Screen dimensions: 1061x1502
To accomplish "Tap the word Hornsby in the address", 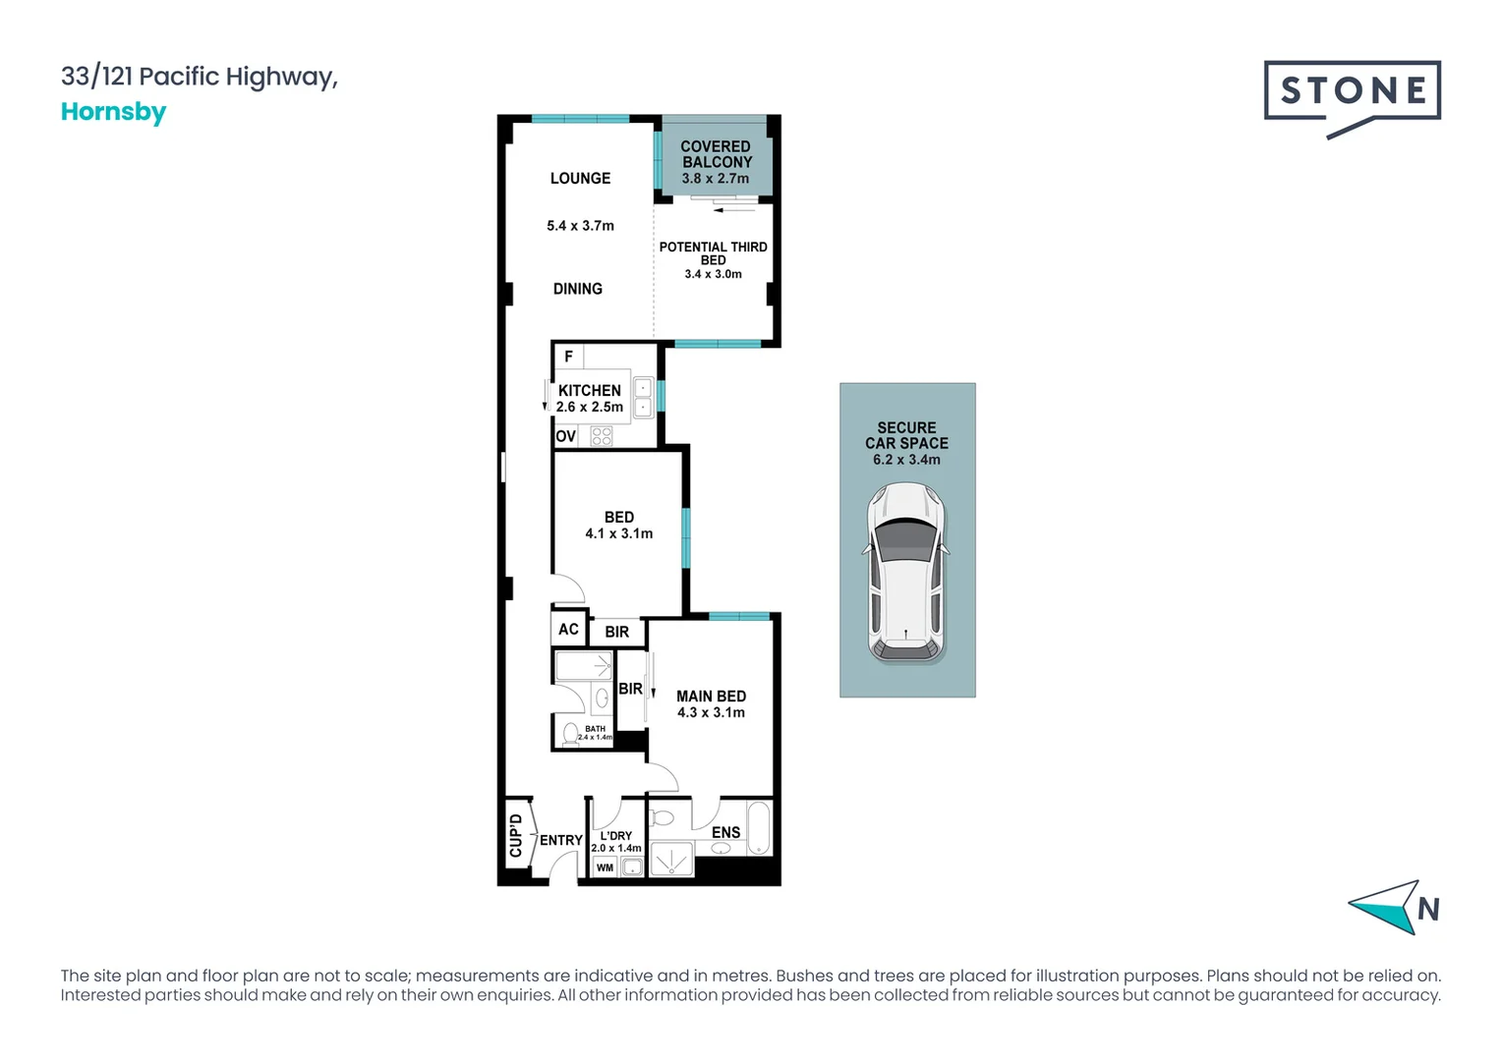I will (x=113, y=112).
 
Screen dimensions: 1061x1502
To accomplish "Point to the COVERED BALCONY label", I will (x=716, y=154).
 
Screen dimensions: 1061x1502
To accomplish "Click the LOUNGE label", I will (x=580, y=178).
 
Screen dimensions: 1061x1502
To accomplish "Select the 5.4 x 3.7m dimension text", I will (x=580, y=226).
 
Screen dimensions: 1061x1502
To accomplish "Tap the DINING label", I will (x=577, y=289).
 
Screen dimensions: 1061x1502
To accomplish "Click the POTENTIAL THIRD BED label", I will (x=713, y=253).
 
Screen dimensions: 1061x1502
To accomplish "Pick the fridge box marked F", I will (x=568, y=357).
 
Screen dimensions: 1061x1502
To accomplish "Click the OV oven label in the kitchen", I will (x=565, y=436).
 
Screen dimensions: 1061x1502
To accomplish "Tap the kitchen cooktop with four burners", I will (x=602, y=436).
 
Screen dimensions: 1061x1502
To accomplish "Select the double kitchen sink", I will (x=643, y=397).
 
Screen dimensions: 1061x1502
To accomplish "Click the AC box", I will (x=568, y=629).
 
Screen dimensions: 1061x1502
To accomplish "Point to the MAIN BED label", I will (x=711, y=696).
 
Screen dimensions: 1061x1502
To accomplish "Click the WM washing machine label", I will (x=605, y=867).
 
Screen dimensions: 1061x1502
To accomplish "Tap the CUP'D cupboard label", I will (x=516, y=835).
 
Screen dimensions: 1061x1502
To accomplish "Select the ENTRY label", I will (x=560, y=840).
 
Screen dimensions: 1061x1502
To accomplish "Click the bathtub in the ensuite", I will (x=758, y=828).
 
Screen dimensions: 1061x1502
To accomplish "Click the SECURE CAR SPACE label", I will (x=906, y=435).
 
